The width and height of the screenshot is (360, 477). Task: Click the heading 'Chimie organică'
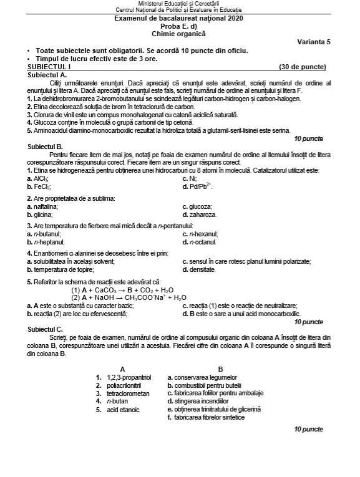point(179,32)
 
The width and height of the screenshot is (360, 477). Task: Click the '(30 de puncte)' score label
point(302,67)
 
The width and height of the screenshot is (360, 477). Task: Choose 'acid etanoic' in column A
point(124,410)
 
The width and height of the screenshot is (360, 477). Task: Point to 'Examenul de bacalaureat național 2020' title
point(179,19)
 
